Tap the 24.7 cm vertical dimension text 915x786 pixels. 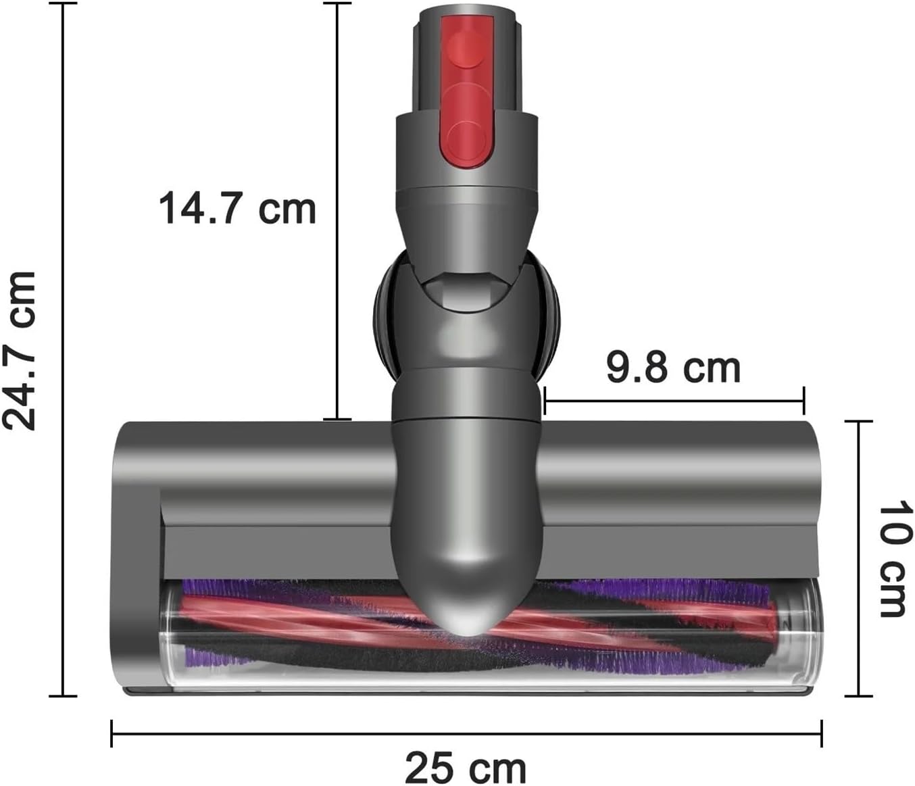(x=19, y=350)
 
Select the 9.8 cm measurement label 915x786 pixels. (x=673, y=368)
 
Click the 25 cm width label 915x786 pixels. (x=466, y=768)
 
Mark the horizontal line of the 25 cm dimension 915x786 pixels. (x=466, y=733)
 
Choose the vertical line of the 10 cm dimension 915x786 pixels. (x=859, y=559)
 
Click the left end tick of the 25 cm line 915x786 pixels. (x=112, y=733)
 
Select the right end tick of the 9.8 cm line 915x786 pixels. (x=803, y=401)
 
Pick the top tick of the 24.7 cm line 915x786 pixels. (x=64, y=3)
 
